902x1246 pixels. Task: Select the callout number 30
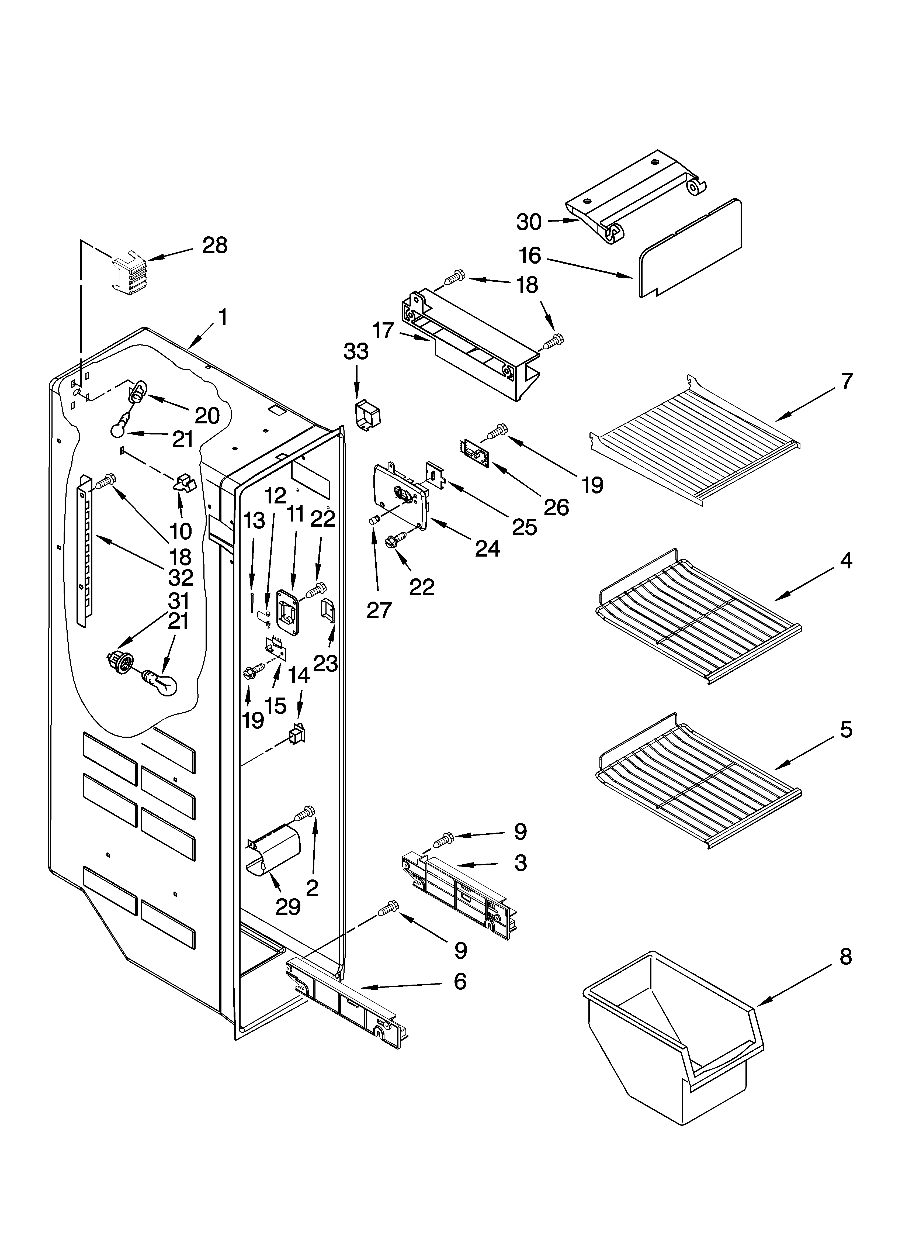[x=529, y=222]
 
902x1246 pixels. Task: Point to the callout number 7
[x=847, y=381]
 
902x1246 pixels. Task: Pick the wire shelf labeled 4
[x=698, y=615]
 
